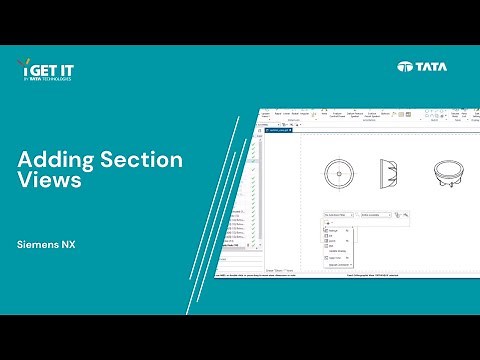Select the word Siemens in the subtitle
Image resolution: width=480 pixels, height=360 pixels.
coord(38,243)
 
